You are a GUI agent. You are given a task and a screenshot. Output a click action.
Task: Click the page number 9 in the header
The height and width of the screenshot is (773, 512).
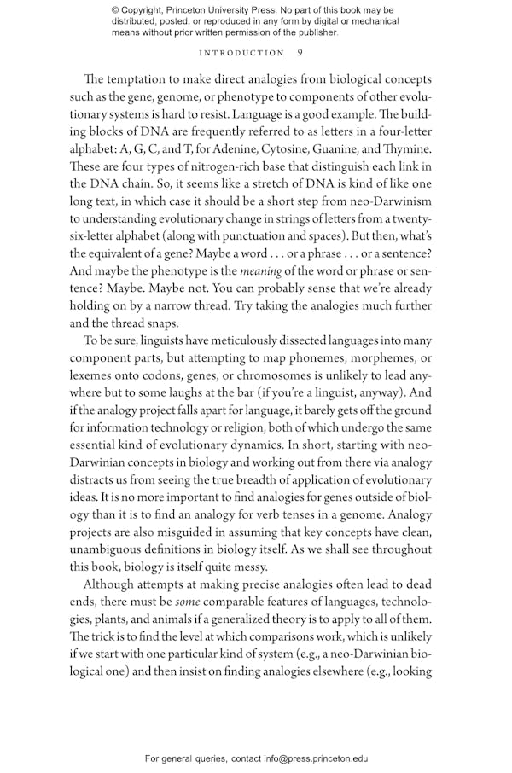click(300, 53)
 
